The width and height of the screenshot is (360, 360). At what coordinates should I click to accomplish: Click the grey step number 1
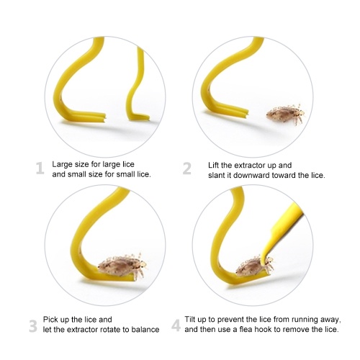(x=40, y=168)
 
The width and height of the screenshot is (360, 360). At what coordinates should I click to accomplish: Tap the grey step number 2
(x=186, y=168)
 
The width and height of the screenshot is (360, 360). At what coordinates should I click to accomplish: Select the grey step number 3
(x=33, y=326)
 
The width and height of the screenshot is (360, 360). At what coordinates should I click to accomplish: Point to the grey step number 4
(x=176, y=326)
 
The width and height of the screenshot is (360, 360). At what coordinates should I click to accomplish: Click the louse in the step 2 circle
(x=286, y=114)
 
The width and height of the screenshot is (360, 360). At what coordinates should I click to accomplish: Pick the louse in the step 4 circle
(x=254, y=266)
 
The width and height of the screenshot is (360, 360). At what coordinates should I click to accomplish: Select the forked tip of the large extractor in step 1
(x=104, y=117)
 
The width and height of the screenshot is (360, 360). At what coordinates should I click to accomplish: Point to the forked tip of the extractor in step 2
(x=246, y=114)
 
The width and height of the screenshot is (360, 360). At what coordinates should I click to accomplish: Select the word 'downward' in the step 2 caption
(x=251, y=175)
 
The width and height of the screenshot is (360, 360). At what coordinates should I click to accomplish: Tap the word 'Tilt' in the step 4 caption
(x=189, y=320)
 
